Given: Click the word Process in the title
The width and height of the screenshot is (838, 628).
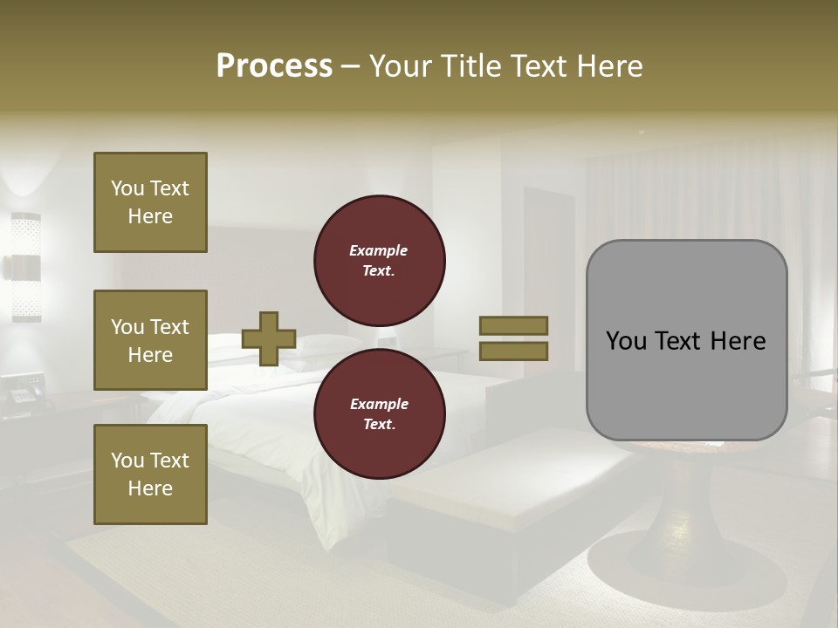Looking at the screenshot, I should click(x=274, y=66).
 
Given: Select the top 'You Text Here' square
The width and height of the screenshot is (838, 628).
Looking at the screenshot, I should click(x=150, y=202).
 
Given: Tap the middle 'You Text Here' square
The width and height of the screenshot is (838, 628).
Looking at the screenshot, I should click(x=150, y=340).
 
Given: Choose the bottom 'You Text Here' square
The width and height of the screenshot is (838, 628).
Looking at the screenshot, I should click(x=150, y=474).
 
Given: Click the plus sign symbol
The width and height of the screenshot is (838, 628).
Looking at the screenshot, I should click(x=269, y=338).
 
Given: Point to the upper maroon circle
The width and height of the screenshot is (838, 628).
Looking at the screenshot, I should click(x=379, y=260).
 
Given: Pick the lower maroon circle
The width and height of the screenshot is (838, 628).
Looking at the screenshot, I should click(x=379, y=413).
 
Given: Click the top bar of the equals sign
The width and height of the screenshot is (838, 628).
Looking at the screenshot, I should click(x=513, y=325).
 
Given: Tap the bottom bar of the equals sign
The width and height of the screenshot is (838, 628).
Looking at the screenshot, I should click(x=513, y=351).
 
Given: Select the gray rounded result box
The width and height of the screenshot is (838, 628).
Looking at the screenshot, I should click(x=686, y=340).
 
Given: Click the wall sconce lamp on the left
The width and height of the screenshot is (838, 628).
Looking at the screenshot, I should click(x=25, y=267).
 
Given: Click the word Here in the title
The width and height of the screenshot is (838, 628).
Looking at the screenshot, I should click(x=608, y=66).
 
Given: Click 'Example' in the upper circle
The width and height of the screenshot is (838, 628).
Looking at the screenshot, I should click(x=379, y=250).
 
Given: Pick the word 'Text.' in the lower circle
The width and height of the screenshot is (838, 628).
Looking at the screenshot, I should click(x=379, y=424).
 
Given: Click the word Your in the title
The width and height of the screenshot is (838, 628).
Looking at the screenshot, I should click(x=402, y=66).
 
